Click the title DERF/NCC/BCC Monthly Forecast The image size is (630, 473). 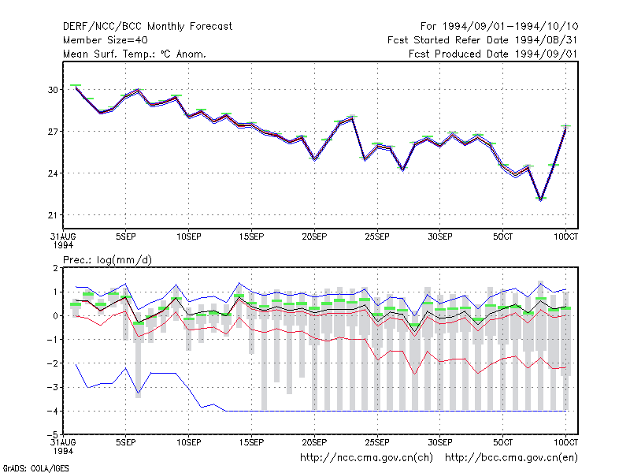[x=147, y=27]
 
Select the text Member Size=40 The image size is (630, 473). [x=106, y=40]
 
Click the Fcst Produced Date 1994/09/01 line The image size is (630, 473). [x=494, y=54]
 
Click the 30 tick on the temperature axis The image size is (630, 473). [x=53, y=90]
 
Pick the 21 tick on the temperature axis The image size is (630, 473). [x=53, y=215]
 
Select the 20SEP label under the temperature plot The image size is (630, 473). [x=314, y=236]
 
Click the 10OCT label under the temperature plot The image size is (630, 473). [x=565, y=236]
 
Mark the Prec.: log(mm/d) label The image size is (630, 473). [x=107, y=260]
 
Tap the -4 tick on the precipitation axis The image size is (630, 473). [x=53, y=411]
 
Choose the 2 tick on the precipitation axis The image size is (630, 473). [x=55, y=268]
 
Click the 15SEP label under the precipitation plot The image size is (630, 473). [x=251, y=442]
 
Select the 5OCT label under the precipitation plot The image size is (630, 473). [x=502, y=442]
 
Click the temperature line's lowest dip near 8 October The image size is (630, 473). [x=541, y=199]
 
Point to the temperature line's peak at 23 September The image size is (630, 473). [x=352, y=117]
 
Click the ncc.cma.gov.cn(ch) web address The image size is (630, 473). [x=366, y=458]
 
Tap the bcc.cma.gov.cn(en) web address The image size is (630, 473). [x=511, y=458]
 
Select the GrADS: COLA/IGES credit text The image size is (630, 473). [x=35, y=468]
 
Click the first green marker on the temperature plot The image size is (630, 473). [x=76, y=85]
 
